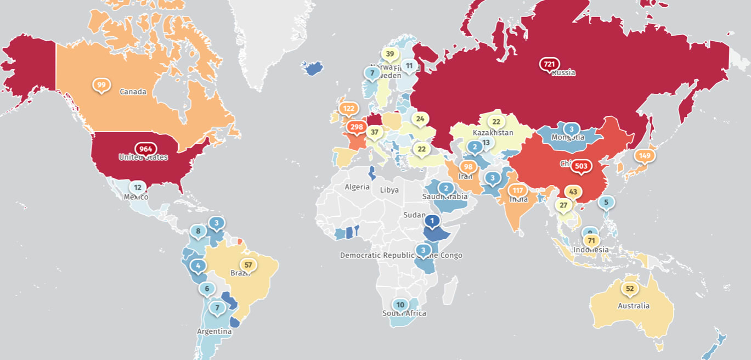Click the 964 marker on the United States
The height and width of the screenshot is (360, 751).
[x=145, y=149]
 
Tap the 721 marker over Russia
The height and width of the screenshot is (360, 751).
[x=549, y=64]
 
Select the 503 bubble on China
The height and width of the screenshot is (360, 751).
[x=581, y=166]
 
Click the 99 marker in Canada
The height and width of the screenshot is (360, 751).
[x=101, y=85]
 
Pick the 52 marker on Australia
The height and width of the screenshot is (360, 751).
[x=630, y=288]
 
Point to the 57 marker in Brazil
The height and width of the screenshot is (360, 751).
[x=249, y=265]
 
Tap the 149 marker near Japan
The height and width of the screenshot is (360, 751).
[x=644, y=155]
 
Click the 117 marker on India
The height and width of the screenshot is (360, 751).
[x=517, y=190]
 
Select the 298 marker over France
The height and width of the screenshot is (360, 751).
[x=357, y=127]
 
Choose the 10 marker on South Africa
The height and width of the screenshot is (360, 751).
[x=400, y=305]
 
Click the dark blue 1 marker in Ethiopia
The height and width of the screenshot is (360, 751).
[x=432, y=221]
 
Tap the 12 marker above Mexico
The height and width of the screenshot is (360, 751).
[x=137, y=187]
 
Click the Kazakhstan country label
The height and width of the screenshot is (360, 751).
[x=493, y=133]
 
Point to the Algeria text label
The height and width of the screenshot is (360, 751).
[x=357, y=187]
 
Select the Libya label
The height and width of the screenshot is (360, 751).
[x=389, y=190]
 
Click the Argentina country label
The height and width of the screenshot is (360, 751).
[x=214, y=331]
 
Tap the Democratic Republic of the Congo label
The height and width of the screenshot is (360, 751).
[x=401, y=255]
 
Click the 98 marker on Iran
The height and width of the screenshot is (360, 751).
[x=468, y=166]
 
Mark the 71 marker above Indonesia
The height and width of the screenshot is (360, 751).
[x=591, y=240]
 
